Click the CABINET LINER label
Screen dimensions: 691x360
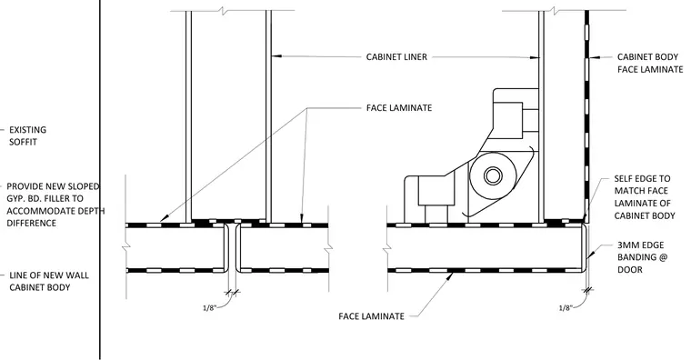[x=396, y=57]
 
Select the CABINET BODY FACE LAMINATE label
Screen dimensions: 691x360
[x=650, y=63]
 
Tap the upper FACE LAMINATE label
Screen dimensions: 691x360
[x=399, y=108]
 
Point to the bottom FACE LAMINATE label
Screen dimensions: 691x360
[x=372, y=316]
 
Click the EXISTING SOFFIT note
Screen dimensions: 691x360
[x=27, y=135]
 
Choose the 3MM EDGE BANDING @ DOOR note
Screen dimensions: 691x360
[x=642, y=257]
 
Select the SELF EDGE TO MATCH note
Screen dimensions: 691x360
[x=645, y=197]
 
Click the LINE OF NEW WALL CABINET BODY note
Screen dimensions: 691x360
[x=49, y=281]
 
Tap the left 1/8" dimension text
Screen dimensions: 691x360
[x=209, y=307]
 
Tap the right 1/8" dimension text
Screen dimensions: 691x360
[x=566, y=307]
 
